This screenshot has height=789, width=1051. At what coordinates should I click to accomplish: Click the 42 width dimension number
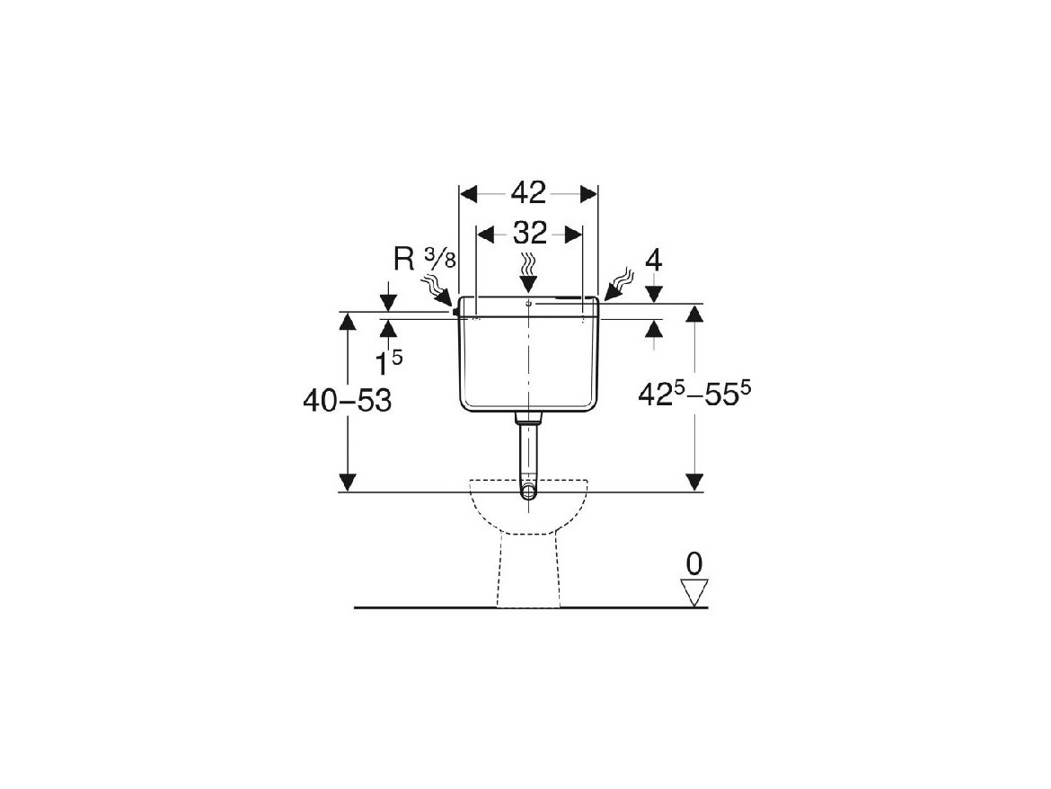[x=528, y=193]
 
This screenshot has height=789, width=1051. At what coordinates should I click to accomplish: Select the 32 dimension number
[x=529, y=234]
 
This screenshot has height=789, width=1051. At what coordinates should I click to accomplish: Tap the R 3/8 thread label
[x=424, y=259]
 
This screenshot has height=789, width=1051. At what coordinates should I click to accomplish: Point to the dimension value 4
[x=654, y=261]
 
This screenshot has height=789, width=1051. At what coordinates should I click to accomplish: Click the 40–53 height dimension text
[x=348, y=401]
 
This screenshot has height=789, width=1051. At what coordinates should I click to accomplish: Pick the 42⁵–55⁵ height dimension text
[x=694, y=394]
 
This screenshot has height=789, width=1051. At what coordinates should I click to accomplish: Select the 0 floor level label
[x=694, y=564]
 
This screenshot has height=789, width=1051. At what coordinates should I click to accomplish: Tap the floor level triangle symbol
[x=694, y=592]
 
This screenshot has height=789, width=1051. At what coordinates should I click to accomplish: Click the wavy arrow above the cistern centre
[x=529, y=274]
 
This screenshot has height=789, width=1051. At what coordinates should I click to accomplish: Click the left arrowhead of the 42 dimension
[x=468, y=194]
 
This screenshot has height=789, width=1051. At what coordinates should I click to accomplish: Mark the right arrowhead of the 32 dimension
[x=573, y=235]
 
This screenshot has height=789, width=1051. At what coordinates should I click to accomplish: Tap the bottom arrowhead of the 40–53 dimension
[x=348, y=483]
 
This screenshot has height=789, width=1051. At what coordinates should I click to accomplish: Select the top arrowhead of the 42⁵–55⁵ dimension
[x=694, y=313]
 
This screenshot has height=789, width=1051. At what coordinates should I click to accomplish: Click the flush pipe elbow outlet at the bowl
[x=529, y=492]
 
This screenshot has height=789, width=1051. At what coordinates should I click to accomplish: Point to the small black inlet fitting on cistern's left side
[x=455, y=311]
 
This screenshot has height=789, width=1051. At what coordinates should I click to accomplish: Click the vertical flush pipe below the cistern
[x=529, y=450]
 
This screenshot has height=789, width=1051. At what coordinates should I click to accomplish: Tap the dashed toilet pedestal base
[x=528, y=571]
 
